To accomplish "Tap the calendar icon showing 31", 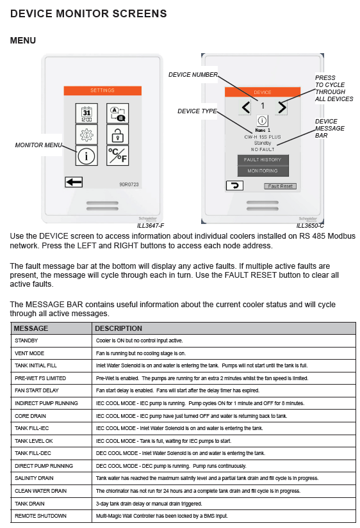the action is click(x=86, y=113).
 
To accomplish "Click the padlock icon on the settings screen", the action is click(x=117, y=134).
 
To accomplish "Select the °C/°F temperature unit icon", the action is click(x=117, y=156).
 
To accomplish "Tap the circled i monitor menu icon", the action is click(x=86, y=156).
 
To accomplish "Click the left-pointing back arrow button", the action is click(x=74, y=182).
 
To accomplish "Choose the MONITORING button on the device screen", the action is click(x=263, y=171).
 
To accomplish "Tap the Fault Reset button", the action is click(x=280, y=186).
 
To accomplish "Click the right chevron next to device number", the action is click(x=282, y=108).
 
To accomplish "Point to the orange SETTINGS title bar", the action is click(x=102, y=91).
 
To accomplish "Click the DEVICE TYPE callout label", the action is click(x=197, y=111).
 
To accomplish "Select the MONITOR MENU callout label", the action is click(x=38, y=145).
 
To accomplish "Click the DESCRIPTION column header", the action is click(x=119, y=328).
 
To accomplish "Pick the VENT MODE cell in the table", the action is click(x=29, y=353).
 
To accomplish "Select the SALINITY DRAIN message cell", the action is click(x=34, y=478).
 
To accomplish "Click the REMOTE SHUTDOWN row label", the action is click(x=40, y=516).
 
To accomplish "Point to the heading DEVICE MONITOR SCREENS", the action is click(x=88, y=14).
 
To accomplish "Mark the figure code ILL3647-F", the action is click(x=151, y=226).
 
